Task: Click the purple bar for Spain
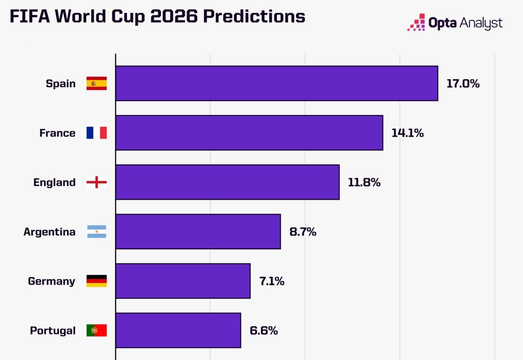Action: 276,83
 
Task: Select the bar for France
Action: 249,133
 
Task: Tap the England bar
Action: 227,182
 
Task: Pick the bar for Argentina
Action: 198,231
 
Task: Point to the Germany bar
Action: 183,281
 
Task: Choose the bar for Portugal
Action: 178,330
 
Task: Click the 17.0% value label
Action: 463,83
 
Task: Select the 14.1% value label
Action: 408,133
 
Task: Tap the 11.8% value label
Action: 364,182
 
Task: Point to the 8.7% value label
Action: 303,232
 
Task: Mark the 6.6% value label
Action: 263,331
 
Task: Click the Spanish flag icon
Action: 97,83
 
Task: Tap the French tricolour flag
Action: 97,133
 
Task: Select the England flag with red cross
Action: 97,182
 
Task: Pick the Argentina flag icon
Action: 97,231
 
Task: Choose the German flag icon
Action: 97,281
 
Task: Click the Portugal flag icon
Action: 97,330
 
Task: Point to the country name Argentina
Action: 49,232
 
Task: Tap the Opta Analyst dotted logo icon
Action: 417,23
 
